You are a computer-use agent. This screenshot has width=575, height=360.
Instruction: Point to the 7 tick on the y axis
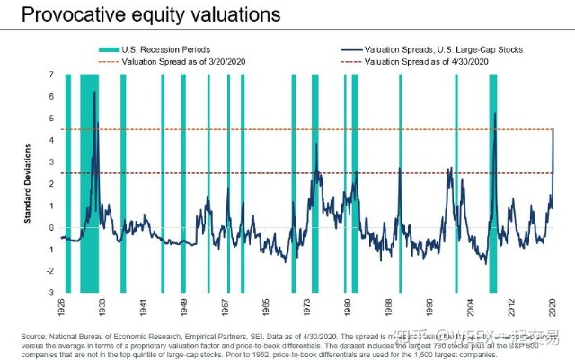pyautogui.click(x=51, y=75)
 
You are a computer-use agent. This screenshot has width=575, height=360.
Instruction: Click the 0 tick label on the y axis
pyautogui.click(x=51, y=227)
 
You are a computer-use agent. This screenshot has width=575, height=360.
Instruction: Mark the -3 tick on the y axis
pyautogui.click(x=50, y=293)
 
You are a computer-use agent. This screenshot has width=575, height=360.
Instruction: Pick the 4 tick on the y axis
pyautogui.click(x=51, y=140)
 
